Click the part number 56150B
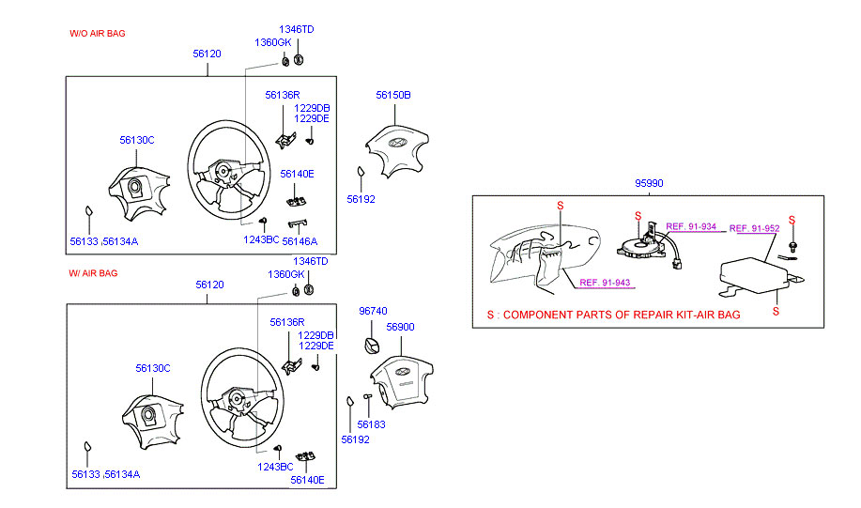click(393, 95)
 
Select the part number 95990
click(648, 183)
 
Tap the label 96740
click(373, 309)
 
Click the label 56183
click(372, 424)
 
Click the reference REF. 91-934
click(690, 226)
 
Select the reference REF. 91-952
click(754, 228)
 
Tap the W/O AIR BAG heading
click(98, 33)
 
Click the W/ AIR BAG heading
click(93, 273)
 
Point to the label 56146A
click(300, 240)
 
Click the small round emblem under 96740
click(372, 339)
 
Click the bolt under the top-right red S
click(793, 246)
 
